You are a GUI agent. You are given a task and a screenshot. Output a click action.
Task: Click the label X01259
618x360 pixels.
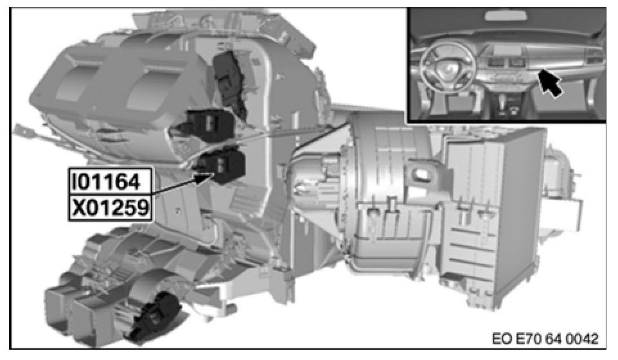pos(110,208)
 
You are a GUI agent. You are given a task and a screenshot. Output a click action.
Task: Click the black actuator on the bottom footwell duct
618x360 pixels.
pos(154,316)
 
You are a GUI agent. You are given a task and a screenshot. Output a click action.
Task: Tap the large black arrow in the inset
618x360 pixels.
pos(550,82)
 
